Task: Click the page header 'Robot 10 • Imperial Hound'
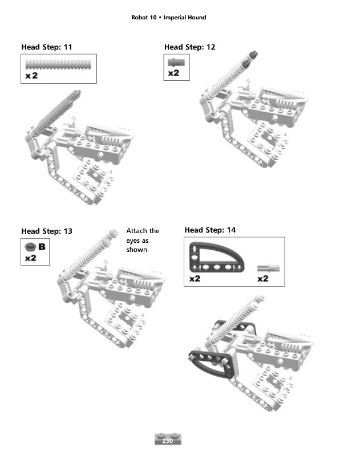[168, 18]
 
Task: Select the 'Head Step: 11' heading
[47, 47]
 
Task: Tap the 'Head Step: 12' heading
[190, 47]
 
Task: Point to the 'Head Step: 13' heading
[47, 231]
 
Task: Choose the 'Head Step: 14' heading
[210, 230]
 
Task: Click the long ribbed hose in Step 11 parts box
[58, 64]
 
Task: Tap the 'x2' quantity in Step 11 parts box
[31, 76]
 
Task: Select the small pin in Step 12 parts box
[176, 62]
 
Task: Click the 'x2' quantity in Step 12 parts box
[173, 73]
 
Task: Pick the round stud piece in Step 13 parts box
[30, 247]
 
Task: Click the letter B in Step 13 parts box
[42, 247]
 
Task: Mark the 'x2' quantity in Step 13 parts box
[31, 258]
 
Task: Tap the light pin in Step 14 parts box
[268, 268]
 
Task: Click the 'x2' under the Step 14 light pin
[263, 279]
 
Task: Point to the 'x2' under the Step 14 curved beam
[195, 279]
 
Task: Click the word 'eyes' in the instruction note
[137, 241]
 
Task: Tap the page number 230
[168, 441]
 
